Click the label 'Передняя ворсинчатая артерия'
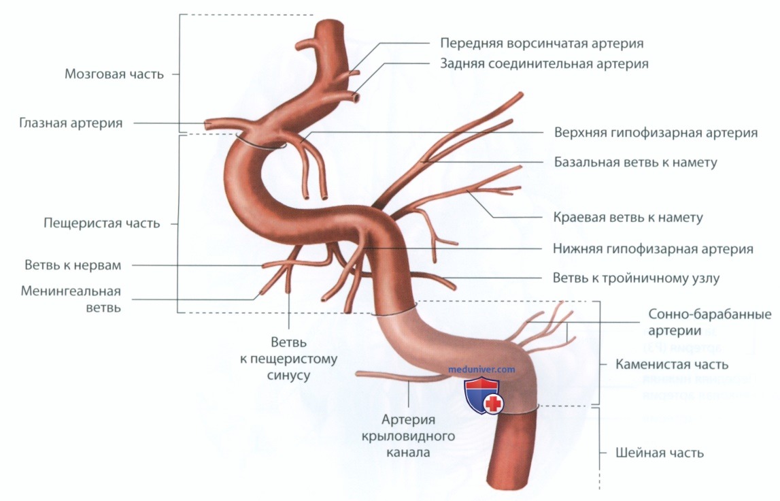[542, 44]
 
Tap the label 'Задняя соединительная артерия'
[544, 64]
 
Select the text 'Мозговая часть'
[114, 74]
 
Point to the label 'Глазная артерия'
[71, 123]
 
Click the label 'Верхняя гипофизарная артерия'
[656, 133]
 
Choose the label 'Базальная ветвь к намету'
[636, 163]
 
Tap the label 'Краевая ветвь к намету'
[628, 218]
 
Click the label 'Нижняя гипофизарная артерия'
[653, 248]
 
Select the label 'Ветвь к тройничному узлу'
[637, 278]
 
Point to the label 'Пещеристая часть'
[102, 223]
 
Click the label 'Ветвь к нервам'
[73, 265]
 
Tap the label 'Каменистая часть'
[672, 364]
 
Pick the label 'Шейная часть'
[660, 453]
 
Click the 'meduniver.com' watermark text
[481, 370]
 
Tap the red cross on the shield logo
[494, 404]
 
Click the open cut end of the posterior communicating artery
[356, 98]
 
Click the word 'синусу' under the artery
[288, 375]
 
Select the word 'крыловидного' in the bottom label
[409, 437]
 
